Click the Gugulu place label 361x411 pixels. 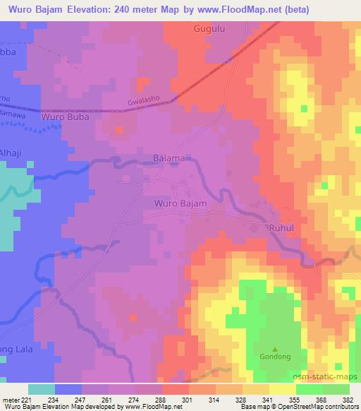coord(209,29)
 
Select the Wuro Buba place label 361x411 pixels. coord(66,117)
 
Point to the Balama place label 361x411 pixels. coord(169,159)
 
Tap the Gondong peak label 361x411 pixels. coord(275,356)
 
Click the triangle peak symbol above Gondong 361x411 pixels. coord(275,347)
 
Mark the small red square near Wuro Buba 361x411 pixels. coord(118,129)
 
